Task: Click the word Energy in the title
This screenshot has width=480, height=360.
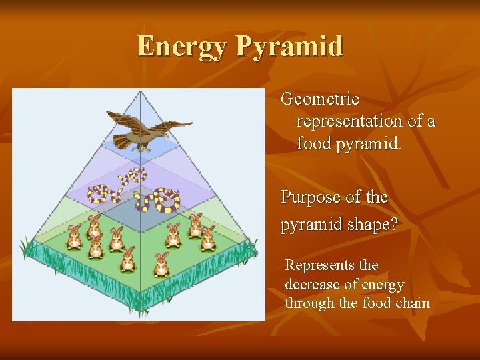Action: click(x=183, y=47)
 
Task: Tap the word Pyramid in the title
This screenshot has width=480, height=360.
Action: click(x=289, y=47)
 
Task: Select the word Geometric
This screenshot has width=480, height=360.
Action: click(x=320, y=99)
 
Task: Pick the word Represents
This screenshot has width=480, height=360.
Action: click(x=322, y=265)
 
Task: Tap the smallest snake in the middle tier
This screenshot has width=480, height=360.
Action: click(x=133, y=177)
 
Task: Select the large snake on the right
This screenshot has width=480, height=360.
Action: click(x=159, y=199)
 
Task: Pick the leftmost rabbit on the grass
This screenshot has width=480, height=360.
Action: click(x=74, y=235)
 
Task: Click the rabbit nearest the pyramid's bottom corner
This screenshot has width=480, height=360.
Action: click(x=161, y=265)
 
